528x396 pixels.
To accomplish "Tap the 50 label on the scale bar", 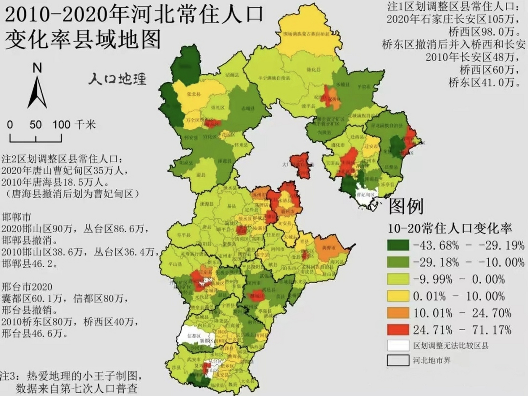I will click(36, 125).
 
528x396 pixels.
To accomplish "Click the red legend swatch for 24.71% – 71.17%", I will click(398, 330).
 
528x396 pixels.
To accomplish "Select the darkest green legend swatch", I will click(398, 245).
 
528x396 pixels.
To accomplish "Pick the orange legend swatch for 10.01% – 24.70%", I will click(398, 313).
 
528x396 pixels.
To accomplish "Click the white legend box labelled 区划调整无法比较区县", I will click(398, 346).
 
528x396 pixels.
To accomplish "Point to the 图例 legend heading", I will click(406, 206).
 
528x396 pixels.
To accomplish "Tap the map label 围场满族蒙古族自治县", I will click(307, 34).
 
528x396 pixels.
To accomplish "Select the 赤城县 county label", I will click(248, 109).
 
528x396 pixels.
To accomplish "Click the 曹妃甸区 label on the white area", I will click(365, 195).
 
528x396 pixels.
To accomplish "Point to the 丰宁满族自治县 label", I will click(274, 79).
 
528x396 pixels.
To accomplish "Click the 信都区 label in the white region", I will click(194, 336).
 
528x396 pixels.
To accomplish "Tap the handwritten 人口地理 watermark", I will click(117, 79).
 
